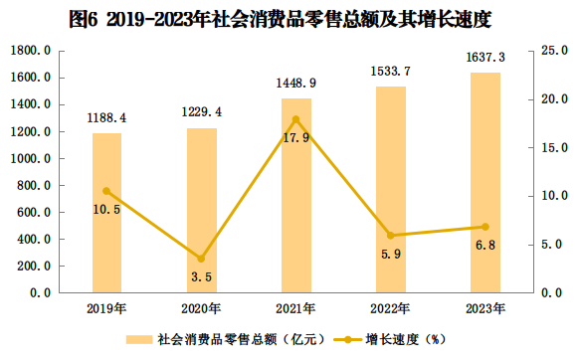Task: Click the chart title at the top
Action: pos(281,19)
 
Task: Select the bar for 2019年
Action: pos(106,213)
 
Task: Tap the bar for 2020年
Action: pos(202,211)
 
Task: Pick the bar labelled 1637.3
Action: pos(485,183)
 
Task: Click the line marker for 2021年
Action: pos(295,119)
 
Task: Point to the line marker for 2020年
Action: pos(201,259)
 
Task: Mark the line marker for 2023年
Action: pos(485,227)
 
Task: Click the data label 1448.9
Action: pos(296,84)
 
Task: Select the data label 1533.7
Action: pos(391,71)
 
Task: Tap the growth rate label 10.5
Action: pos(106,210)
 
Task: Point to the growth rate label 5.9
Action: pos(391,254)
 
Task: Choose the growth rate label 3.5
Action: pos(202,276)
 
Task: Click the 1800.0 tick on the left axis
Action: pos(30,51)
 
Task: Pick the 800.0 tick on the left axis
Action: pos(34,185)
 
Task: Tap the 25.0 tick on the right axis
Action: pos(555,51)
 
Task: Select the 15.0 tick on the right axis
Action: pos(555,148)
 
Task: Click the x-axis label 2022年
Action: pos(390,308)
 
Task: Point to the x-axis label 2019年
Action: pos(106,308)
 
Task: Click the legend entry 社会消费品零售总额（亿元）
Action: pos(225,339)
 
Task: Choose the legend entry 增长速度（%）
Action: pos(390,339)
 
